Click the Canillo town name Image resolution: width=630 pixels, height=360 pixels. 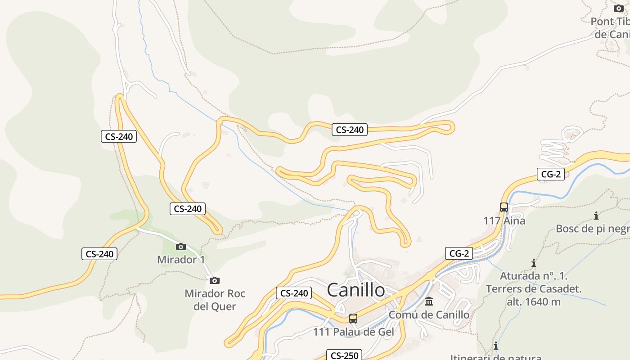(x=355, y=290)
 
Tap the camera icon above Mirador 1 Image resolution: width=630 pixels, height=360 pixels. (x=181, y=247)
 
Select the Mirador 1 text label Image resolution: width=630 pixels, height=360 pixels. (x=181, y=260)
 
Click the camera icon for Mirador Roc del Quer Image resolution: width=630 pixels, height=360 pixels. (x=215, y=280)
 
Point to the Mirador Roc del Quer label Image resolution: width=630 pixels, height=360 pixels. (x=215, y=300)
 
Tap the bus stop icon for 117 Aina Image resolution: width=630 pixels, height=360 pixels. (x=504, y=207)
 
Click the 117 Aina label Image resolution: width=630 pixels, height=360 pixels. (x=504, y=221)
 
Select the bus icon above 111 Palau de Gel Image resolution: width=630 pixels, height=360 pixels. (x=353, y=319)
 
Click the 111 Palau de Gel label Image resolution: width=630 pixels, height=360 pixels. (x=353, y=332)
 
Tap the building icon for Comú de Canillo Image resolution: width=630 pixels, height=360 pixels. (x=429, y=301)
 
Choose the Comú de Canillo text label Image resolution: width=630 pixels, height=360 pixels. (x=429, y=315)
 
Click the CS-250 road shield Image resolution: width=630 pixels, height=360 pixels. (x=344, y=355)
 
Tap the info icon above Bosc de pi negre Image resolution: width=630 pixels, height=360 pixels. (x=596, y=216)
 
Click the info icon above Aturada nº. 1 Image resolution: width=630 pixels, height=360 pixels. (x=534, y=263)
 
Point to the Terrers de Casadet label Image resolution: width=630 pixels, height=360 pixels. (x=534, y=288)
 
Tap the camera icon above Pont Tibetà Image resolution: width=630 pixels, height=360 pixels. (x=619, y=8)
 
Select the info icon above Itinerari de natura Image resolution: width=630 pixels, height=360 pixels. (x=496, y=346)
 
